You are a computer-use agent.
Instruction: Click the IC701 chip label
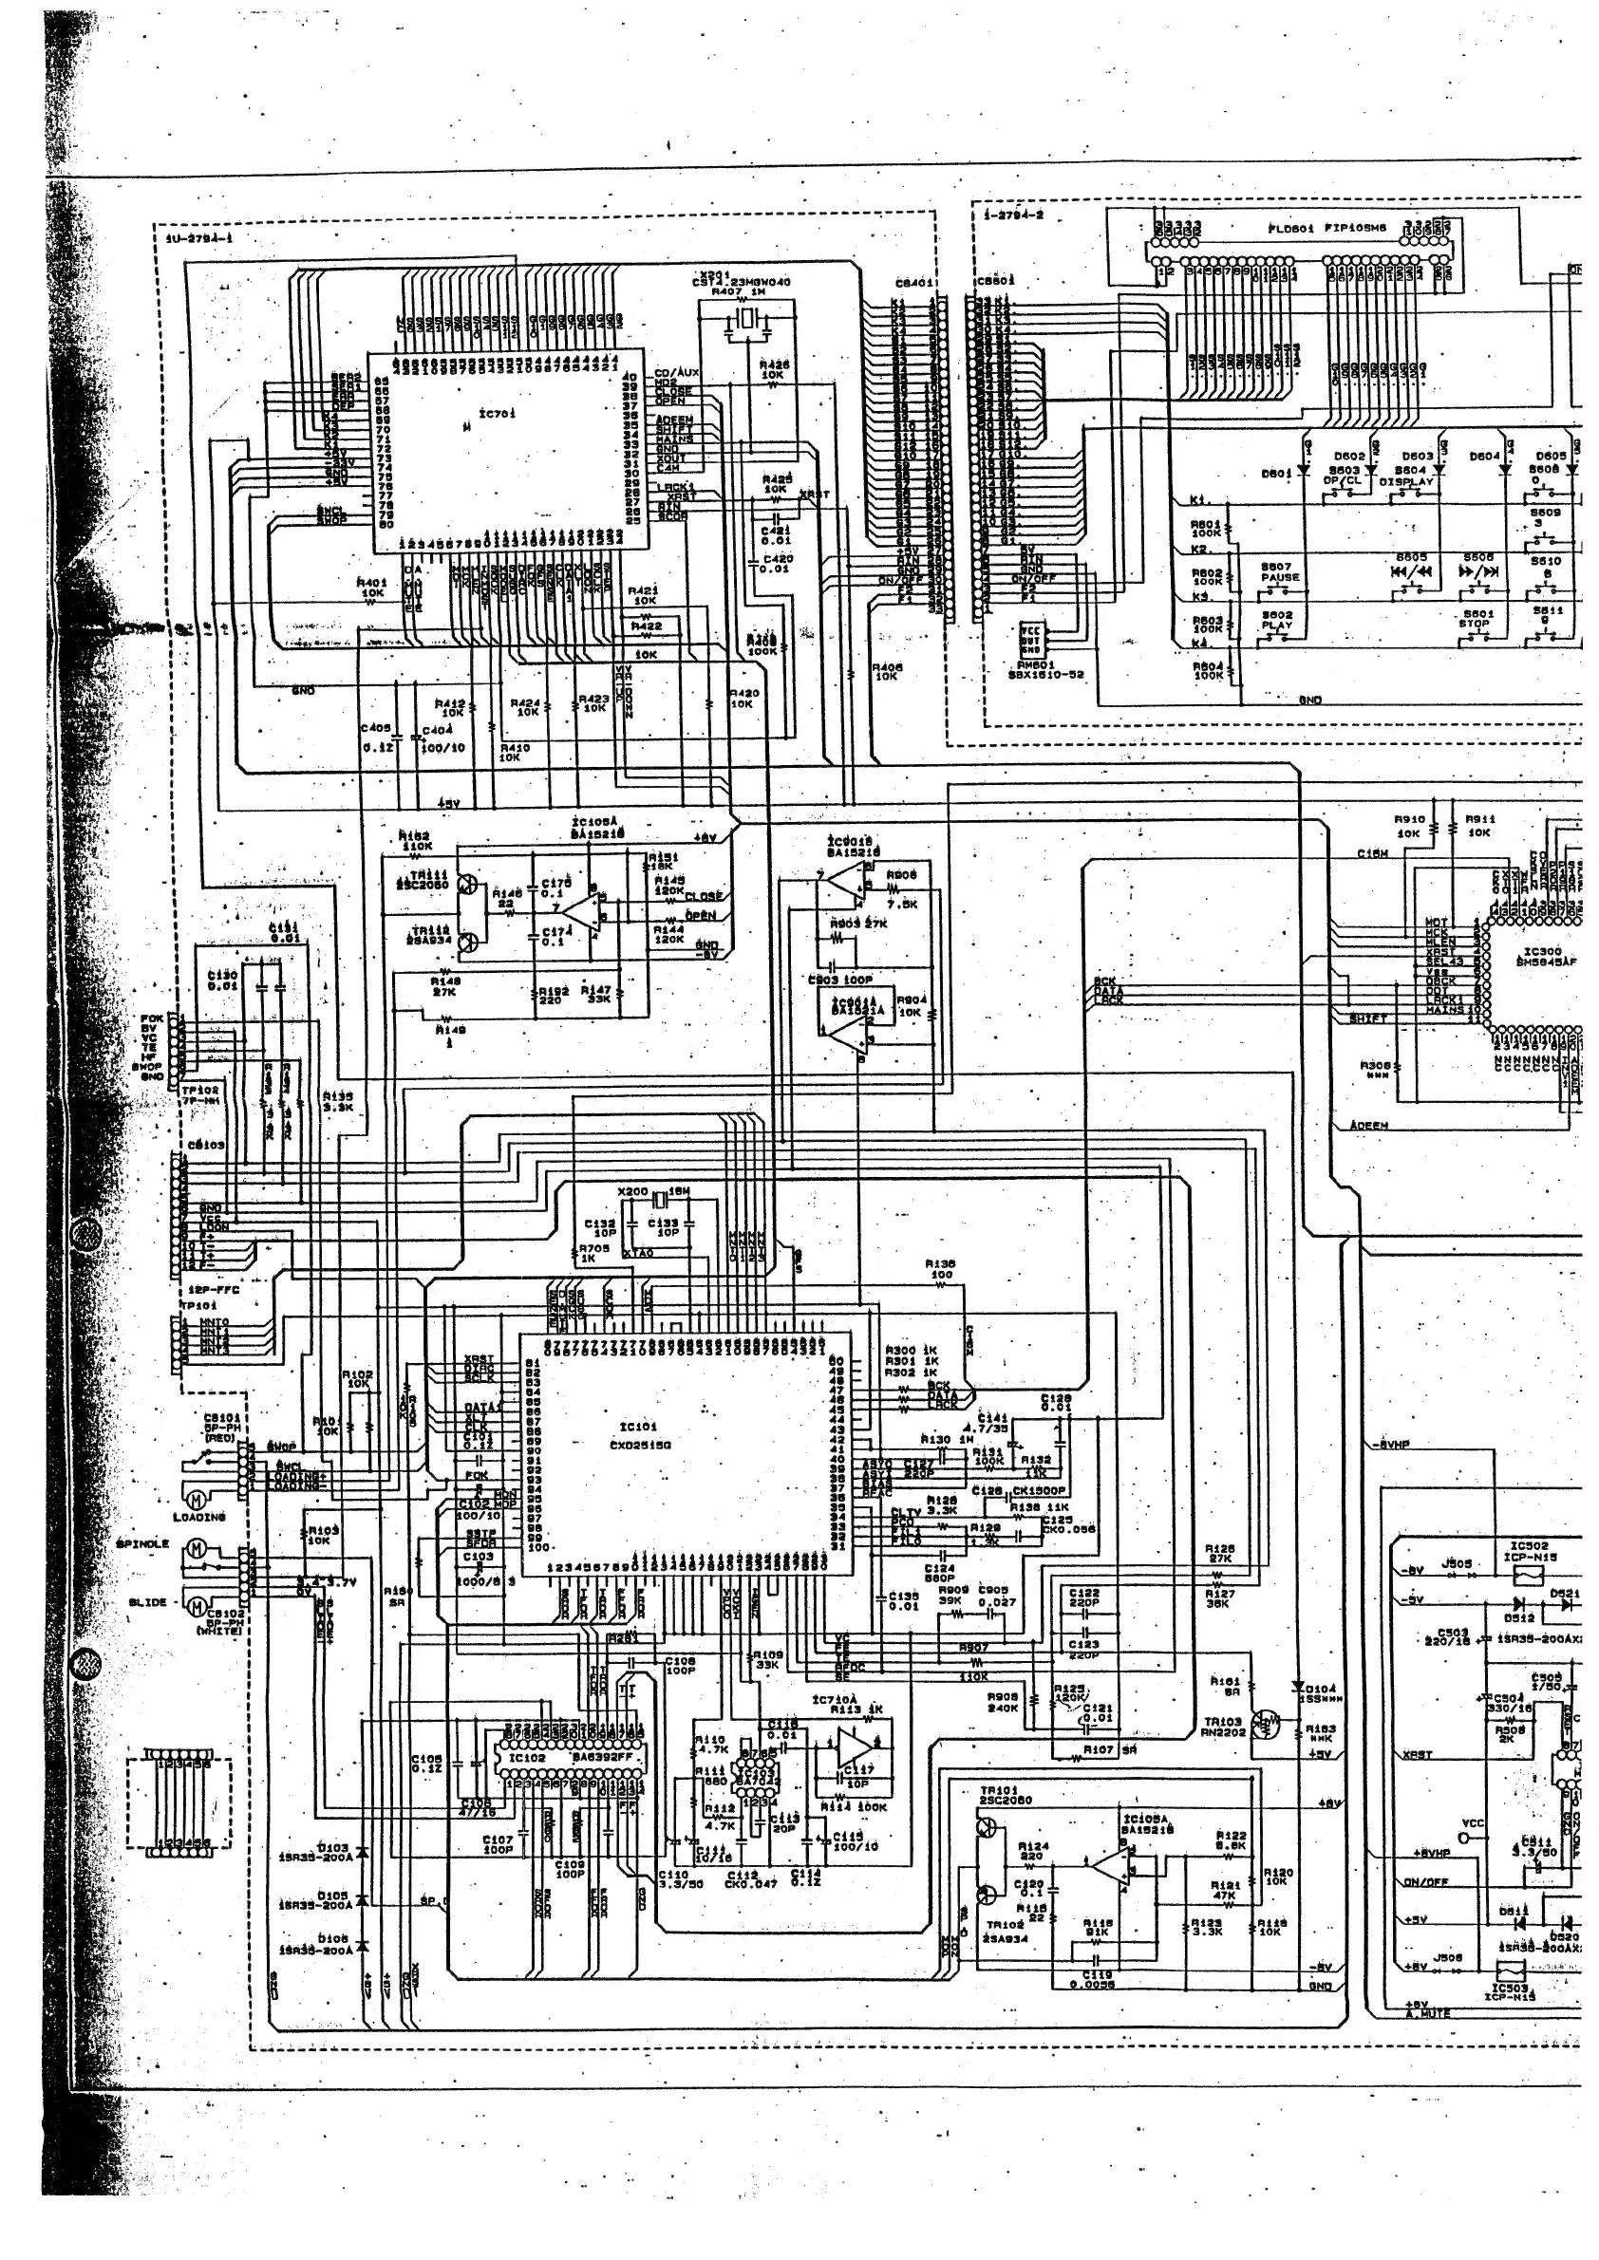(498, 415)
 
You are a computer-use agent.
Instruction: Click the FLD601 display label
(1287, 228)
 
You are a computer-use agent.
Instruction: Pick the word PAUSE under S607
(1279, 578)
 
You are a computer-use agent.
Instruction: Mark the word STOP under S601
(1475, 624)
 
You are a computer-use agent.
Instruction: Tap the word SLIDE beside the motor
(148, 1602)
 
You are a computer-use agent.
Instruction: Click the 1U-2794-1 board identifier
(198, 237)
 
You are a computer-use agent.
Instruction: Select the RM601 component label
(1036, 664)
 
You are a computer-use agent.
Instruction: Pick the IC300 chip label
(1542, 952)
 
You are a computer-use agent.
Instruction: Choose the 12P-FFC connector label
(214, 1289)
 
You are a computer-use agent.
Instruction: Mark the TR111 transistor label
(429, 874)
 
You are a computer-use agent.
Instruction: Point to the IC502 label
(1529, 1546)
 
